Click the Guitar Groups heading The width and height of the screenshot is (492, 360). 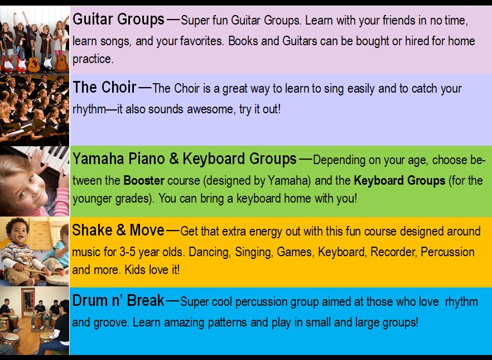tap(118, 20)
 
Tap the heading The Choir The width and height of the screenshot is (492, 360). tap(104, 87)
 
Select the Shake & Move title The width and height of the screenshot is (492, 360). tap(118, 230)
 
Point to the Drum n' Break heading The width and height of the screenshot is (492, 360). tap(118, 300)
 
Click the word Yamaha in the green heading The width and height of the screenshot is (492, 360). tap(98, 159)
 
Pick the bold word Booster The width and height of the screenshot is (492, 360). tap(144, 180)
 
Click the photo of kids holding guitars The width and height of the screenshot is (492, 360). tap(35, 40)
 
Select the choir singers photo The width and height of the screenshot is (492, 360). tap(35, 110)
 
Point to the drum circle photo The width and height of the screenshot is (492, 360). tap(35, 320)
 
